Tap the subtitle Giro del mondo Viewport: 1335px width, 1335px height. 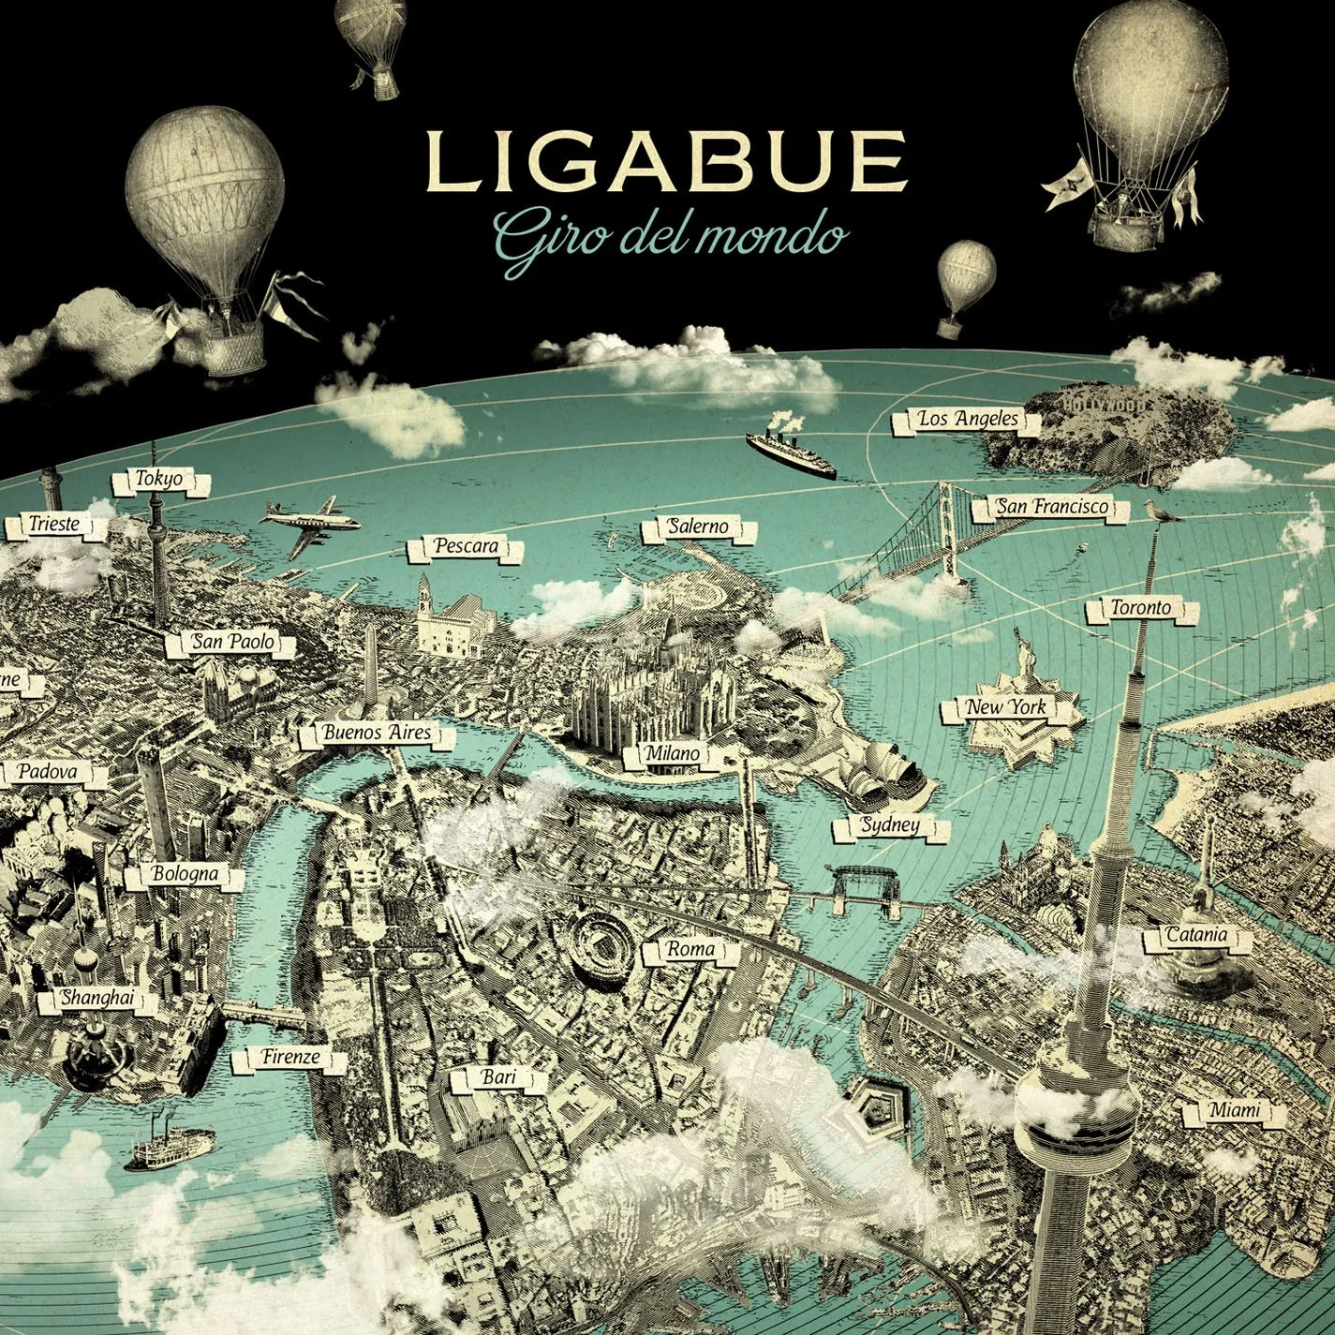[x=667, y=236]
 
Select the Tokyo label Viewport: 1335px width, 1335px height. [x=160, y=480]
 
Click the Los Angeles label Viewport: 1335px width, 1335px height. [x=968, y=420]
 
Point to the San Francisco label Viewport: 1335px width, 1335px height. [x=1052, y=508]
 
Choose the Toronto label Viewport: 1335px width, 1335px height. [x=1140, y=608]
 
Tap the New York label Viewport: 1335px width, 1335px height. [x=1008, y=708]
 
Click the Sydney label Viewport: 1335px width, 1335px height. [x=890, y=826]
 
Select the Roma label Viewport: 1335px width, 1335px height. [x=691, y=949]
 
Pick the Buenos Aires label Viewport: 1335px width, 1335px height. [x=377, y=733]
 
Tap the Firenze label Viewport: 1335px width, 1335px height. [x=291, y=1058]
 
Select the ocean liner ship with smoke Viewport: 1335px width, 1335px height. [x=792, y=453]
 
